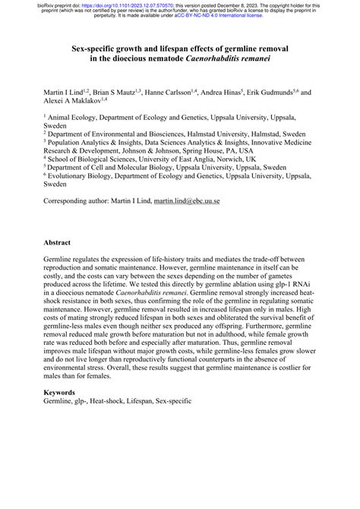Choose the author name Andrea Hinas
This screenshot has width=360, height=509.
[238, 91]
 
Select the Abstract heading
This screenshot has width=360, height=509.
[57, 243]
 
